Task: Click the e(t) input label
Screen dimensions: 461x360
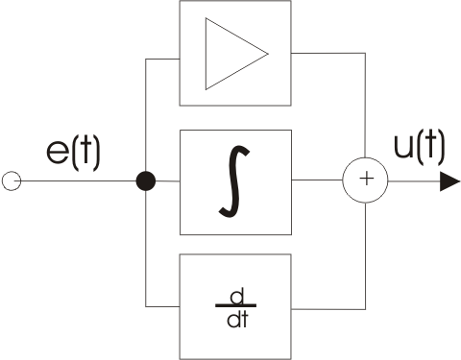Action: point(73,153)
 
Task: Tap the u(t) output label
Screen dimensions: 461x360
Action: point(420,148)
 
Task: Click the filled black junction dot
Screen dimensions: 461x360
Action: point(146,180)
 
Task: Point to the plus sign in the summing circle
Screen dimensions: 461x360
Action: point(367,179)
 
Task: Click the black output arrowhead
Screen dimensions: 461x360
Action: point(450,181)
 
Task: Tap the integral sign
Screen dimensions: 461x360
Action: point(234,181)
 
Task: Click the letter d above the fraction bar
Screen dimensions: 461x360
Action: point(237,296)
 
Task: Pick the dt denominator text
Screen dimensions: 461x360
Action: point(237,319)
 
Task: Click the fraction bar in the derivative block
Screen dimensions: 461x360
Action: point(236,306)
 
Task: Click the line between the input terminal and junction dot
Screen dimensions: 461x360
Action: point(79,180)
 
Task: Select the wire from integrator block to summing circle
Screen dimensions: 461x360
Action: point(317,180)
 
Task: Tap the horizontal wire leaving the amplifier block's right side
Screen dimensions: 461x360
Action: point(328,53)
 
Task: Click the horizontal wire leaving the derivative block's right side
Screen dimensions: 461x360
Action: point(328,309)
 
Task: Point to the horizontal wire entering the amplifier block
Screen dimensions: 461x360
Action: point(162,59)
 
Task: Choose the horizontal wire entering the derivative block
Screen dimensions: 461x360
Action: point(162,306)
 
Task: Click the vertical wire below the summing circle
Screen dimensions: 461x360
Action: point(366,256)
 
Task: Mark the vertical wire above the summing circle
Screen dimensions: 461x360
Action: point(365,106)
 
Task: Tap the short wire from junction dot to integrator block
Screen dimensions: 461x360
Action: point(168,181)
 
